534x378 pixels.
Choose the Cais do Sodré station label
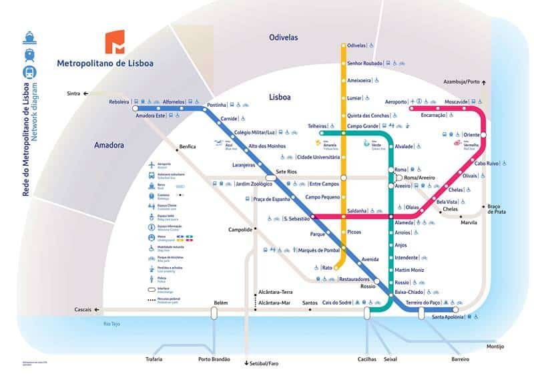click(337, 303)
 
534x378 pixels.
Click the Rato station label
click(327, 268)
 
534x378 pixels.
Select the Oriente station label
click(471, 134)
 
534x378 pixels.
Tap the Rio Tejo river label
click(111, 324)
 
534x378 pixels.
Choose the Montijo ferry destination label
click(495, 347)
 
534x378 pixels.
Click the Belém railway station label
click(220, 303)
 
